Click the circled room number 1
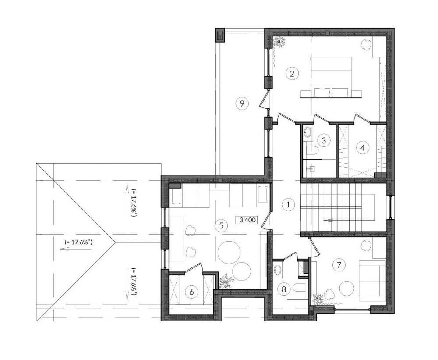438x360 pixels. (x=288, y=204)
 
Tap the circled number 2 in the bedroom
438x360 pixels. (x=292, y=74)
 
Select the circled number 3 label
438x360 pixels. (x=324, y=140)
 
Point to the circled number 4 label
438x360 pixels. (x=363, y=147)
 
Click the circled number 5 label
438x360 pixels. (x=221, y=225)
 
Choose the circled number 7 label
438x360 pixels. (x=339, y=264)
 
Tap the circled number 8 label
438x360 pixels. (x=284, y=289)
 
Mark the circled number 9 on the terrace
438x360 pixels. (x=242, y=103)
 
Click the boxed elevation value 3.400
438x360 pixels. (x=247, y=220)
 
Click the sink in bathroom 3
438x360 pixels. (x=308, y=132)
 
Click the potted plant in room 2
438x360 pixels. (x=279, y=42)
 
